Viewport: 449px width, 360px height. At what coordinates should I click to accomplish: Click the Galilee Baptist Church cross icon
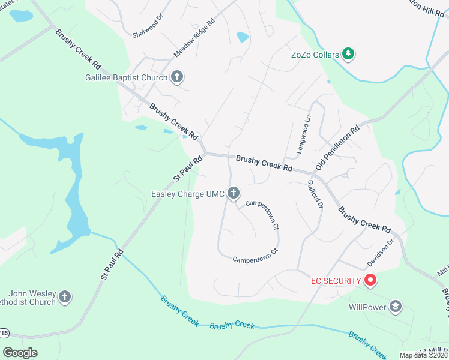[176, 77]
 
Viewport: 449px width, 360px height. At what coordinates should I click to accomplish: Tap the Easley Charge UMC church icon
[234, 193]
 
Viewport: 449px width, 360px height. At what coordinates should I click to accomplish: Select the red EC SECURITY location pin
[370, 280]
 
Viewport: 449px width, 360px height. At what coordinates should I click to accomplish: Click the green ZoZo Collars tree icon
[348, 55]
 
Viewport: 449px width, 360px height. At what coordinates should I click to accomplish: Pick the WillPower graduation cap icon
[395, 307]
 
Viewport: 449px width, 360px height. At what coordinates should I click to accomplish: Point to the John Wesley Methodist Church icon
[65, 296]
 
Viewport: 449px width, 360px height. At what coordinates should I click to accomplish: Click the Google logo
[20, 353]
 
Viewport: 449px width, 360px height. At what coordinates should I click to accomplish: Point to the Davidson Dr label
[380, 253]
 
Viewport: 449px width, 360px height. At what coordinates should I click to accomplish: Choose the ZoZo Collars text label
[315, 55]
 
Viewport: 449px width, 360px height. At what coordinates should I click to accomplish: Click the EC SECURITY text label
[335, 280]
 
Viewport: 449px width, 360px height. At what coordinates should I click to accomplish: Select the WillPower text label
[367, 307]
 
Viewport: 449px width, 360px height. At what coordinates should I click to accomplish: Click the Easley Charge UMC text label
[187, 193]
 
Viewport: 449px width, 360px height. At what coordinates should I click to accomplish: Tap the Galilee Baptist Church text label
[125, 77]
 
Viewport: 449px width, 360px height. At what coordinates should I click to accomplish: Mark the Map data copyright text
[423, 355]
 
